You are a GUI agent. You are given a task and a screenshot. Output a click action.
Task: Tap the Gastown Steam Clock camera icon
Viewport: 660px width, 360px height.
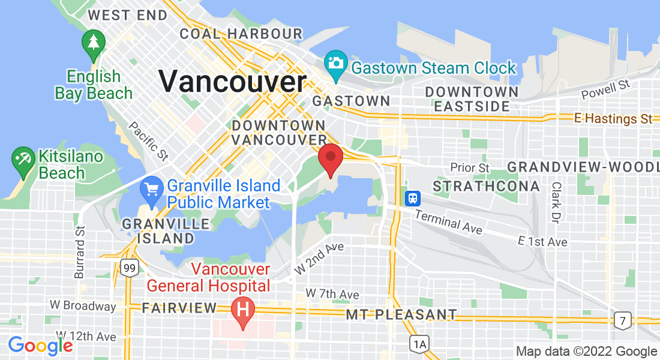tap(335, 63)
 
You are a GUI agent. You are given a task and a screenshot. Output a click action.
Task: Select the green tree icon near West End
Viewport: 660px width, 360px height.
tap(94, 44)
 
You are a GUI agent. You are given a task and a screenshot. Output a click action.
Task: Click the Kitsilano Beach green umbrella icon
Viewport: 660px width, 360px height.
tap(24, 160)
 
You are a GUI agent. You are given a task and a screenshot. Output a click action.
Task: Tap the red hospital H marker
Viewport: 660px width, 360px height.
tap(243, 311)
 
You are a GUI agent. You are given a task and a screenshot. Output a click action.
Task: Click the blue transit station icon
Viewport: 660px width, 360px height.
tap(413, 198)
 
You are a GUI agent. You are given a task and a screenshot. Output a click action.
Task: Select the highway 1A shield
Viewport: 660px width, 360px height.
tap(419, 344)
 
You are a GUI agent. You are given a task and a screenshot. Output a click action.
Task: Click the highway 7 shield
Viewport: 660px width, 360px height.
tap(623, 320)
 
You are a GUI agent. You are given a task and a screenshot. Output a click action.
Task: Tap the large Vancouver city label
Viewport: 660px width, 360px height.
tap(232, 81)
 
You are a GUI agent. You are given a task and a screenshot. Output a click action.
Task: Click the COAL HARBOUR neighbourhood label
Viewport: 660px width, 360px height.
tap(241, 34)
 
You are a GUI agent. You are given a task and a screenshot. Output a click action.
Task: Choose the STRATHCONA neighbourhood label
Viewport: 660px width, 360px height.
tap(486, 187)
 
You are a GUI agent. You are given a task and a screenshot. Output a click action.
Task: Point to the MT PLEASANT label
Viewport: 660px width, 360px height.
tap(401, 314)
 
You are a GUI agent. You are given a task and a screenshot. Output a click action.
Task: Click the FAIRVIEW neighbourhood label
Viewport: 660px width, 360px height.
tap(179, 308)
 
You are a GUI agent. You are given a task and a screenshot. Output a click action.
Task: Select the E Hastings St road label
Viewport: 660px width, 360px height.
tap(613, 119)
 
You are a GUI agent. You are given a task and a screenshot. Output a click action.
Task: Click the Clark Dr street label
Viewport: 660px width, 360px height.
tap(556, 203)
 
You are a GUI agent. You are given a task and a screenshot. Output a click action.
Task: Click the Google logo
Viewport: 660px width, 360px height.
tap(40, 346)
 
